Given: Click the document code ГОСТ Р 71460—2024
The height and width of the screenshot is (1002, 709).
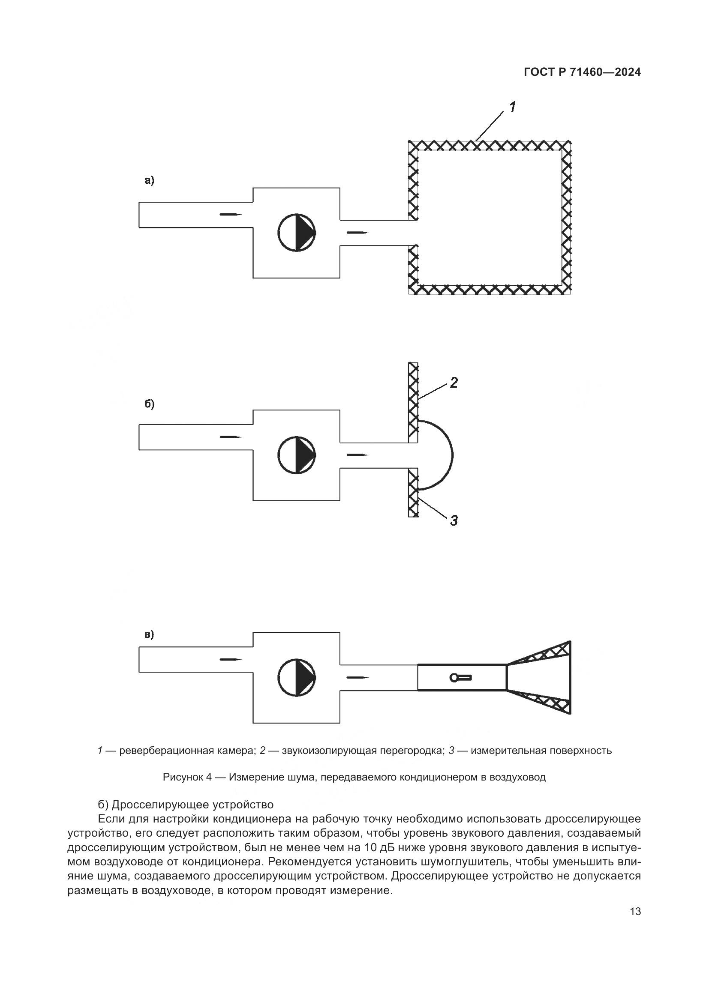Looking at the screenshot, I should pyautogui.click(x=582, y=72).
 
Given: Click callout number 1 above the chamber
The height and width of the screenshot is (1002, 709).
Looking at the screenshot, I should pyautogui.click(x=512, y=107).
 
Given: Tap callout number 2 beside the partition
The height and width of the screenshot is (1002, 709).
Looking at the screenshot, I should pyautogui.click(x=454, y=383).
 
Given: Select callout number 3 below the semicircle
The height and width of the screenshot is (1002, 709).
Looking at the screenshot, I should pyautogui.click(x=454, y=520).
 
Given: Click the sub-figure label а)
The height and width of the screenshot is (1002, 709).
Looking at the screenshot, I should pyautogui.click(x=149, y=180).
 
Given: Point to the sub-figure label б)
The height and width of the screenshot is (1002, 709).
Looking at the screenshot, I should pyautogui.click(x=149, y=404).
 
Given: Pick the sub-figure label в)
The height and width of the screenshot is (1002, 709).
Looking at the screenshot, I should pyautogui.click(x=149, y=634).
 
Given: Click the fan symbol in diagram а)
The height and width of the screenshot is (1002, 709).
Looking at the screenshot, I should pyautogui.click(x=297, y=233).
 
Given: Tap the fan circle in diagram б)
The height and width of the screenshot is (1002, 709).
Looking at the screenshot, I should pyautogui.click(x=297, y=455).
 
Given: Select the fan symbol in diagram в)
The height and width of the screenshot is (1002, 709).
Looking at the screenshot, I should pyautogui.click(x=297, y=677).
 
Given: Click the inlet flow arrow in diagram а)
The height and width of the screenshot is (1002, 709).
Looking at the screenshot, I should pyautogui.click(x=231, y=214).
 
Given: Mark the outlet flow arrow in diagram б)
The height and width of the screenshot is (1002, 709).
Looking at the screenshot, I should pyautogui.click(x=358, y=455).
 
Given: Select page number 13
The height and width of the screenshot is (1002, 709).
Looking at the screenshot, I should pyautogui.click(x=635, y=911).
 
